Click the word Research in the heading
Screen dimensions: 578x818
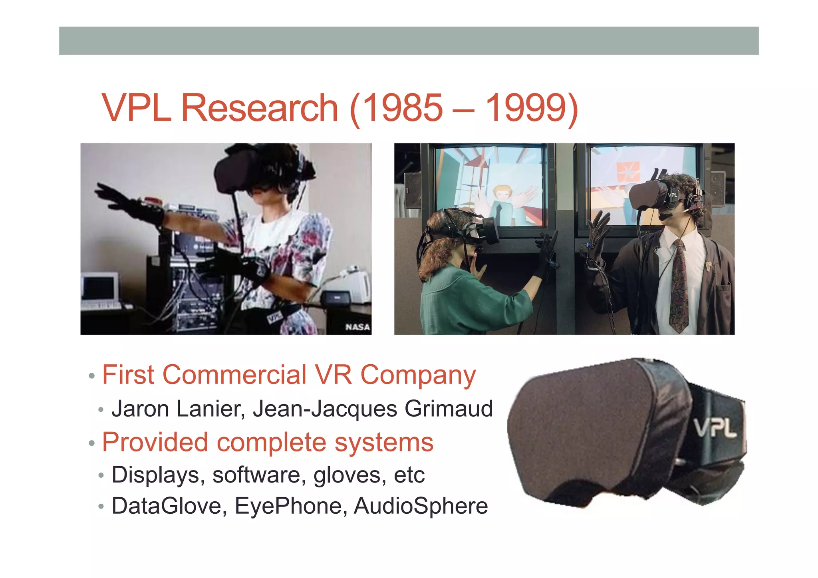pyautogui.click(x=260, y=108)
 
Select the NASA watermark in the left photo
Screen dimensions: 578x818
pyautogui.click(x=357, y=327)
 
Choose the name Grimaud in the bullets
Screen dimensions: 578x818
pyautogui.click(x=449, y=409)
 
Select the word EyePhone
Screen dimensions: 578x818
pyautogui.click(x=288, y=506)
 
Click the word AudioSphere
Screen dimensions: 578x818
pyautogui.click(x=421, y=506)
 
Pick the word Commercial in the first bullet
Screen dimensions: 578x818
pyautogui.click(x=234, y=375)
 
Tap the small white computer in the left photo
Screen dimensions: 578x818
pyautogui.click(x=100, y=288)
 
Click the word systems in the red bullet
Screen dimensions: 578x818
pyautogui.click(x=384, y=443)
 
